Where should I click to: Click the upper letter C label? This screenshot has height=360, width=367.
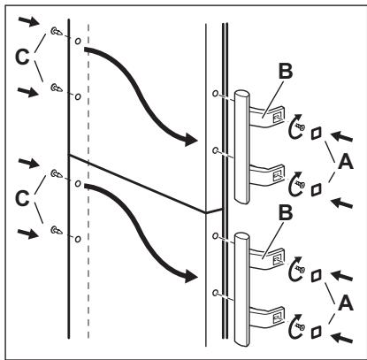pyautogui.click(x=22, y=57)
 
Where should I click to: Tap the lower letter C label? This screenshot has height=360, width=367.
pyautogui.click(x=22, y=198)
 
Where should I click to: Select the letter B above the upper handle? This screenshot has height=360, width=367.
pyautogui.click(x=286, y=71)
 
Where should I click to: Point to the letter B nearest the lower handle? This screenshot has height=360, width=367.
pyautogui.click(x=286, y=212)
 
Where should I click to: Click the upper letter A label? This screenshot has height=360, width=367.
pyautogui.click(x=346, y=162)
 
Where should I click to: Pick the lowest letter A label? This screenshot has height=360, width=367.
pyautogui.click(x=346, y=303)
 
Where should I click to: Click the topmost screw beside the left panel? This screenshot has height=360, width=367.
pyautogui.click(x=57, y=31)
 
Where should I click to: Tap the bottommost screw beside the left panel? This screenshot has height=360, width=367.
pyautogui.click(x=57, y=230)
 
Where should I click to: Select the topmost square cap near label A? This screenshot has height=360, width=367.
pyautogui.click(x=316, y=134)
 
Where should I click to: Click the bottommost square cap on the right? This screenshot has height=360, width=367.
pyautogui.click(x=316, y=332)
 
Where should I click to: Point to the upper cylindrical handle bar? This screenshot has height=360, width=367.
pyautogui.click(x=241, y=147)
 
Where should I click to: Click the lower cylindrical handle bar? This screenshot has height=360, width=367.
pyautogui.click(x=241, y=289)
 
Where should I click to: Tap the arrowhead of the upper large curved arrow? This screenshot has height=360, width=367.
pyautogui.click(x=191, y=139)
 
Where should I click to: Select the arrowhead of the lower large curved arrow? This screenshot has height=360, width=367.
pyautogui.click(x=191, y=276)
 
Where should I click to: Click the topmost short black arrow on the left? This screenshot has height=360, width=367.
pyautogui.click(x=28, y=21)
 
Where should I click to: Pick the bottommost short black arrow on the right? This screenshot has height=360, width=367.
pyautogui.click(x=341, y=338)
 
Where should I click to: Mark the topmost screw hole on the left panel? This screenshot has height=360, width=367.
pyautogui.click(x=78, y=41)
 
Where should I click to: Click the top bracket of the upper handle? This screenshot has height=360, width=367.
pyautogui.click(x=267, y=117)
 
